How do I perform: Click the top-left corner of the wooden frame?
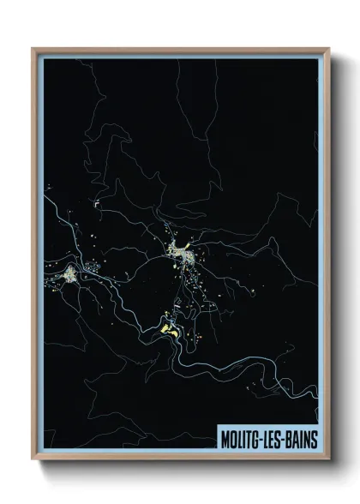pos(33,49)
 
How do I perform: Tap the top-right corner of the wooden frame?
pos(328,49)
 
